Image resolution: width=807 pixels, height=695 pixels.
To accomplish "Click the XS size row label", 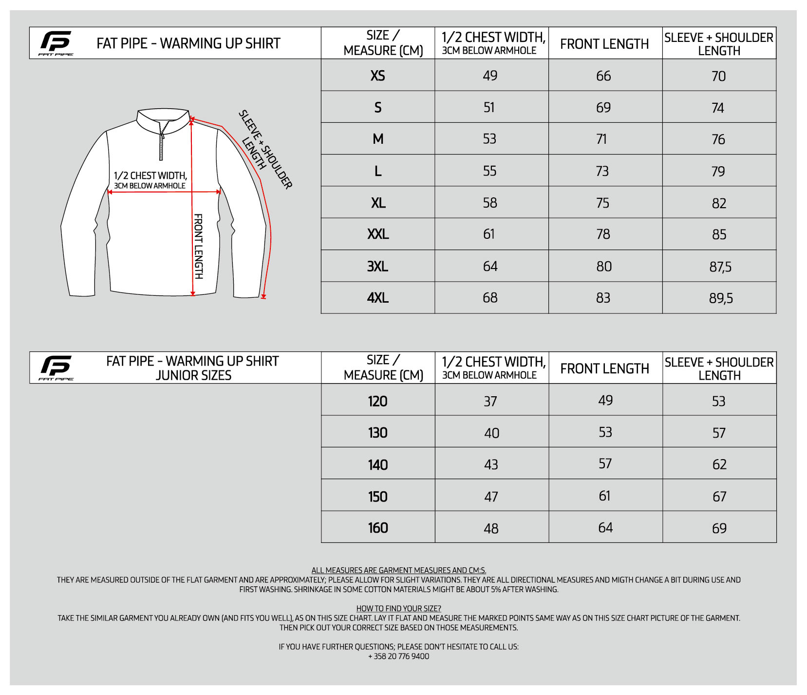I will tap(377, 76).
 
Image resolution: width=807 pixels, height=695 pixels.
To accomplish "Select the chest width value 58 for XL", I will tap(490, 203).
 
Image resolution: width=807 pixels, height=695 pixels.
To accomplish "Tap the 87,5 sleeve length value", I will tap(720, 267).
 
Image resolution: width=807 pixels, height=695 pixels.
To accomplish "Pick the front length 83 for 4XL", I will tap(603, 298).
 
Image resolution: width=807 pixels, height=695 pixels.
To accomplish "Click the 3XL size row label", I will tap(377, 267).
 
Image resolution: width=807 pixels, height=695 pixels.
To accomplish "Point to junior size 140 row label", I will tap(377, 464).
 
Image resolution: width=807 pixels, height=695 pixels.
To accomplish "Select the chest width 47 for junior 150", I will tap(491, 497).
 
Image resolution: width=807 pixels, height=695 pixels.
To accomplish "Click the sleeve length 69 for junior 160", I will tap(719, 528).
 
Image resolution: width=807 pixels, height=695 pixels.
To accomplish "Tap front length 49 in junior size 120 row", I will tap(605, 400).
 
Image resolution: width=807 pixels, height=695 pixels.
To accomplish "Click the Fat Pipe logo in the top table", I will tap(56, 43).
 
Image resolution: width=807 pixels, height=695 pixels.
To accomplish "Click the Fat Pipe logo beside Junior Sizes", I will tap(56, 367).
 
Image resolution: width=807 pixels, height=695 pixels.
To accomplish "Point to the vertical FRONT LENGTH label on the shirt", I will tap(199, 246).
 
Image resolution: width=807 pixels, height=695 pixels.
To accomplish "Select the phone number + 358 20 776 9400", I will tap(398, 656).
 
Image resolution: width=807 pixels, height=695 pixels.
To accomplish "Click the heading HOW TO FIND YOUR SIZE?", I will tap(398, 608).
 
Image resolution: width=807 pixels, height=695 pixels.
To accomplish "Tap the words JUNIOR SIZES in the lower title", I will tap(193, 375).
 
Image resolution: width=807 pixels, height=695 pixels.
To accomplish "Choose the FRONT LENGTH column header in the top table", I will tap(604, 44).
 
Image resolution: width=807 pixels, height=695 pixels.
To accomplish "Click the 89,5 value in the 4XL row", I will tap(721, 298).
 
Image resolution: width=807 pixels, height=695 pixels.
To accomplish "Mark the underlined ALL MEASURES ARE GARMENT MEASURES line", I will tap(398, 570).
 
